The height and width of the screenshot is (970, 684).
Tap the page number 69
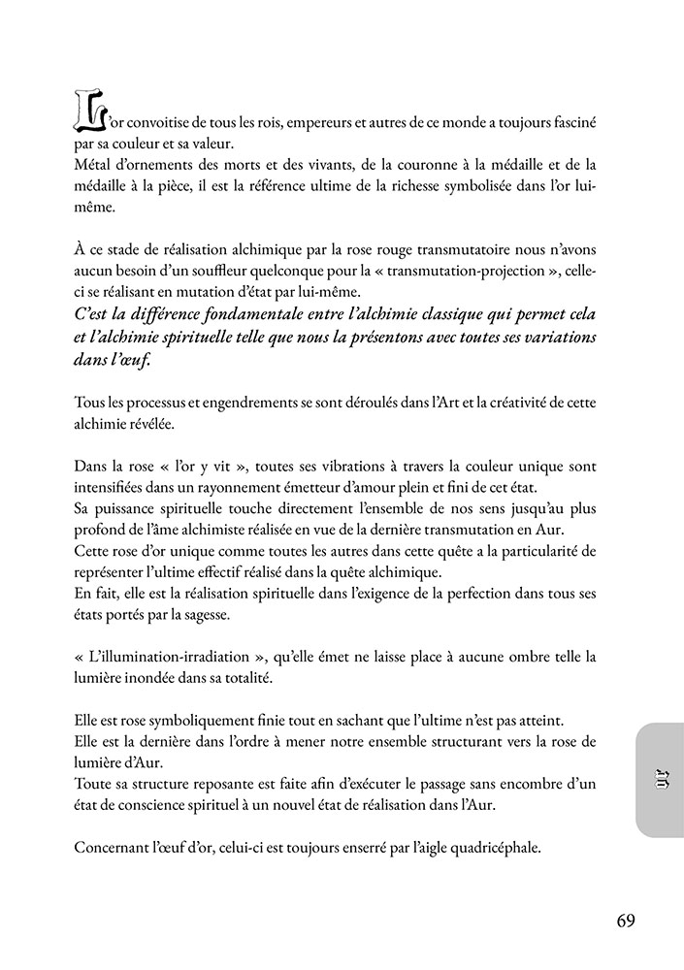point(626,921)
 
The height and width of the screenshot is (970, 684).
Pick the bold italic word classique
point(489,316)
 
